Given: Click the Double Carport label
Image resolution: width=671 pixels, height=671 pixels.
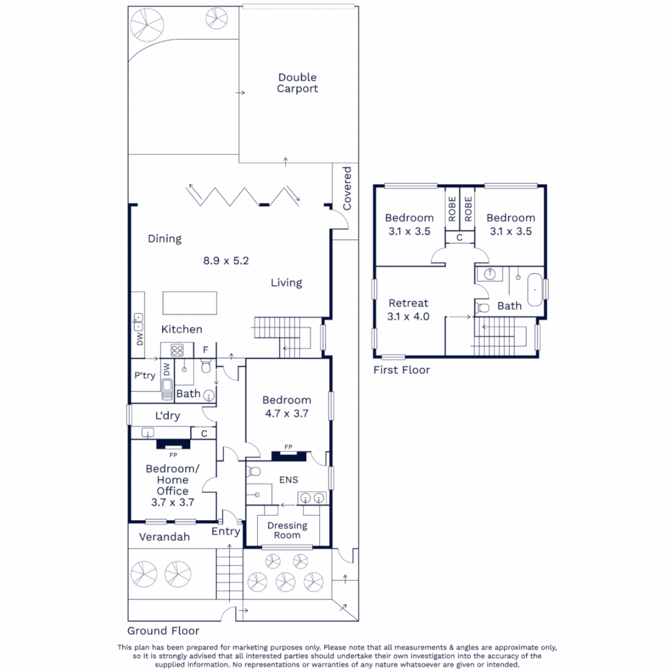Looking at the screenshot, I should point(298,83).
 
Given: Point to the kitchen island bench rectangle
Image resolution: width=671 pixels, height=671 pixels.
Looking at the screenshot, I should point(189,303).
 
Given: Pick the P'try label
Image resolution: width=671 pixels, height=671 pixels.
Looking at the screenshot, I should point(144,376).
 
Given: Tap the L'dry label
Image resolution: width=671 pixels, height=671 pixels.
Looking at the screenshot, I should point(167,416).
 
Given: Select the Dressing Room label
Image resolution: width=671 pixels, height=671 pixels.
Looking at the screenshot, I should point(287,530).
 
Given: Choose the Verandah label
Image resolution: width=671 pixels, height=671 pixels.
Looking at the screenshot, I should point(164,536).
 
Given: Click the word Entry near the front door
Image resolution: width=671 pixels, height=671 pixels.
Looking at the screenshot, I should point(226,531).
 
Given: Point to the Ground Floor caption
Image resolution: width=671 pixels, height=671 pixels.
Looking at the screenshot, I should point(163,631).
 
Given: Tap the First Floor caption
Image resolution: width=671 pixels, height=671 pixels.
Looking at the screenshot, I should point(401,370).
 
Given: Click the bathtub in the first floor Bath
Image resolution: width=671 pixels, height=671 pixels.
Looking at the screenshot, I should point(534,289).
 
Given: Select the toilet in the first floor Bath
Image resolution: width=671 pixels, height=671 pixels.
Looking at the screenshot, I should point(483,308).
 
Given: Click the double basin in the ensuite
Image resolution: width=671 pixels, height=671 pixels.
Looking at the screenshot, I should point(312,497).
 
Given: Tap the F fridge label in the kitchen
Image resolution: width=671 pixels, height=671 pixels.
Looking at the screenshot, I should point(205,350).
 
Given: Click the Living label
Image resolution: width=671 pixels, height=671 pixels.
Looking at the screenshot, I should point(286,283).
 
